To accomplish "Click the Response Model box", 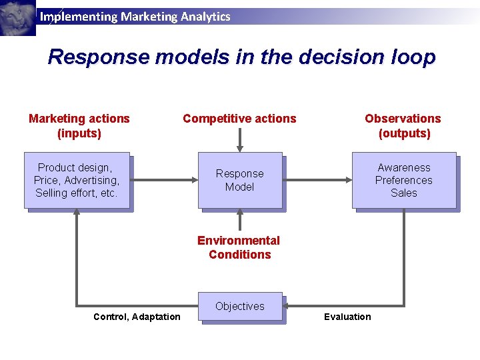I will pyautogui.click(x=239, y=180).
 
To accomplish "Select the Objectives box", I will pyautogui.click(x=240, y=307).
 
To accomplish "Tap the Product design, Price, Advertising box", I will pyautogui.click(x=77, y=180).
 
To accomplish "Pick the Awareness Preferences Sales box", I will pyautogui.click(x=404, y=180).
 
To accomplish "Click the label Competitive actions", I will pyautogui.click(x=239, y=119).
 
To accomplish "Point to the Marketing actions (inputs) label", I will pyautogui.click(x=79, y=126).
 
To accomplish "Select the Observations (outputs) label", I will pyautogui.click(x=403, y=126).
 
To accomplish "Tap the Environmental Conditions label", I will pyautogui.click(x=239, y=247).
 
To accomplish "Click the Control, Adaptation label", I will pyautogui.click(x=137, y=317).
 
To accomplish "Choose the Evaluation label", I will pyautogui.click(x=347, y=317).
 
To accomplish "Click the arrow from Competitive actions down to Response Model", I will pyautogui.click(x=240, y=140).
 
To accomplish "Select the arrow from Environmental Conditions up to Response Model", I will pyautogui.click(x=240, y=220).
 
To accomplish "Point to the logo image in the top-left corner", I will pyautogui.click(x=18, y=18).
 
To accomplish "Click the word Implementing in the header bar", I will pyautogui.click(x=78, y=17).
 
